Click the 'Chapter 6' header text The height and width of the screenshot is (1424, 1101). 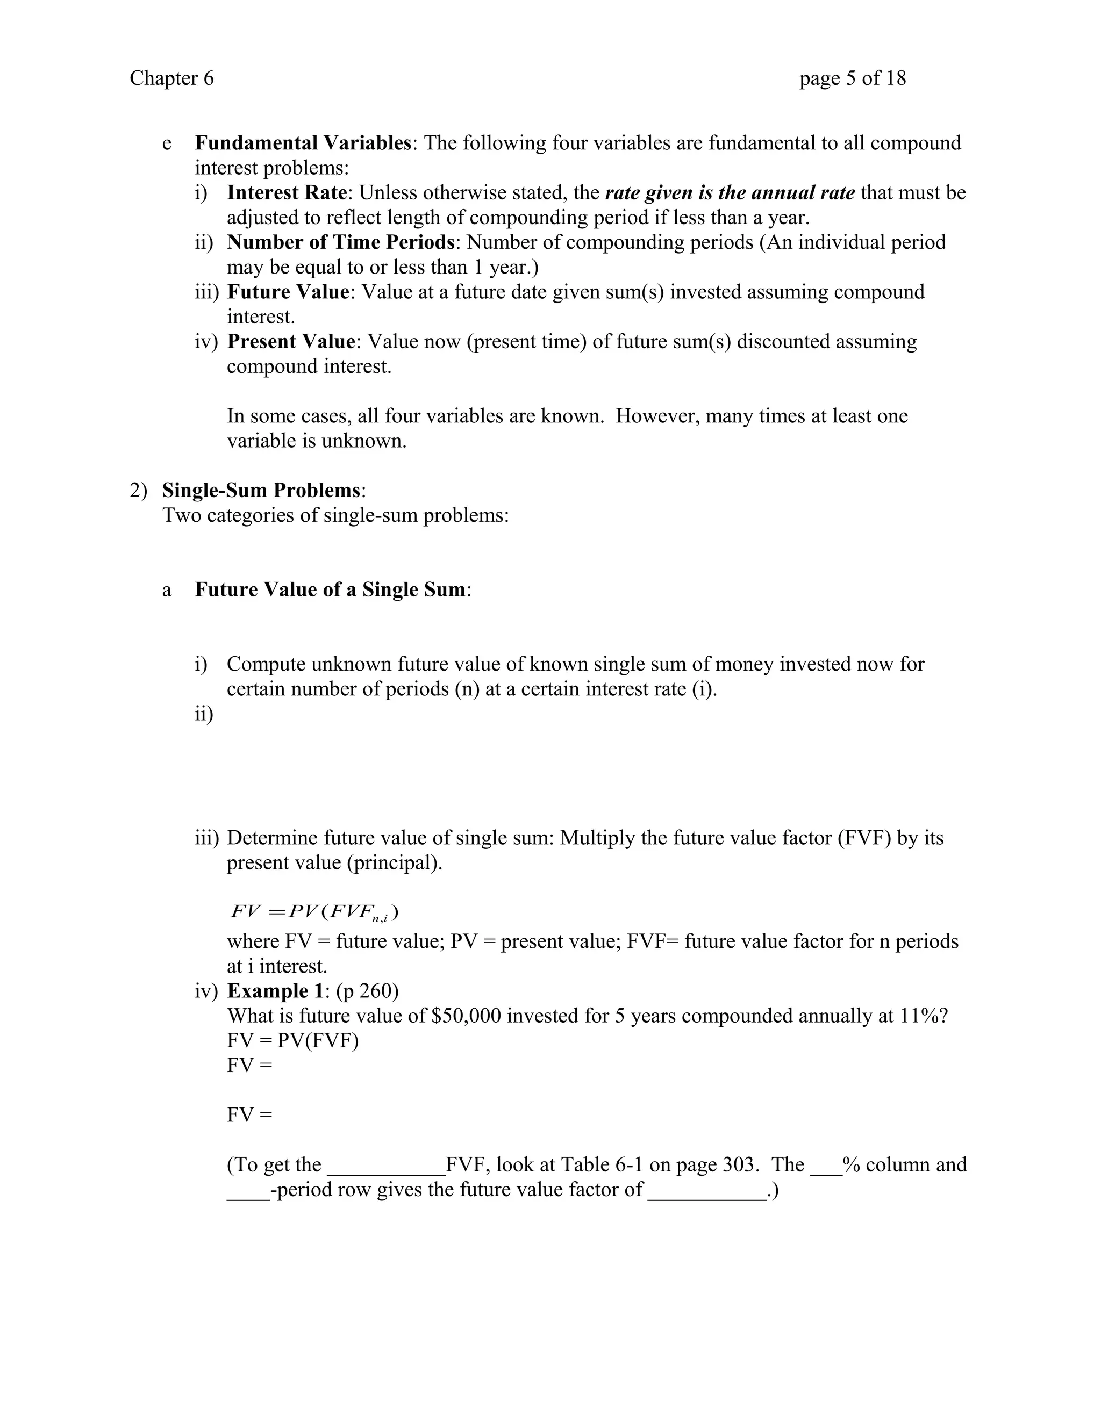[x=171, y=78]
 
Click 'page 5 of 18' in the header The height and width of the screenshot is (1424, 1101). [x=853, y=78]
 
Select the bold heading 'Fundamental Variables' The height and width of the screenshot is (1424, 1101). [x=303, y=143]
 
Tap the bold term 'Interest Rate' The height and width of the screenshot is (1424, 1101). [x=287, y=193]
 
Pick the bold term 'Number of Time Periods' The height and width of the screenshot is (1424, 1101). [x=340, y=242]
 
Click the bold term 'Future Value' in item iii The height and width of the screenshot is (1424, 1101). [x=288, y=292]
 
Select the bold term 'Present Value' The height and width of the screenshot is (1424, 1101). [x=291, y=342]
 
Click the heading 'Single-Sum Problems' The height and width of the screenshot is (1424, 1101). [x=262, y=490]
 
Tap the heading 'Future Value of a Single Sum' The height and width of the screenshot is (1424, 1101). [x=331, y=590]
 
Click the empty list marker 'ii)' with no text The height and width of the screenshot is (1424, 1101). [x=204, y=715]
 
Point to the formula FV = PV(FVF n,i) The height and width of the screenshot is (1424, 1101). [x=314, y=911]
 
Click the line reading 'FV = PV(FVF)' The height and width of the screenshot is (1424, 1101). [x=292, y=1041]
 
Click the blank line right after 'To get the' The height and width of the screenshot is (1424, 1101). [x=385, y=1165]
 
